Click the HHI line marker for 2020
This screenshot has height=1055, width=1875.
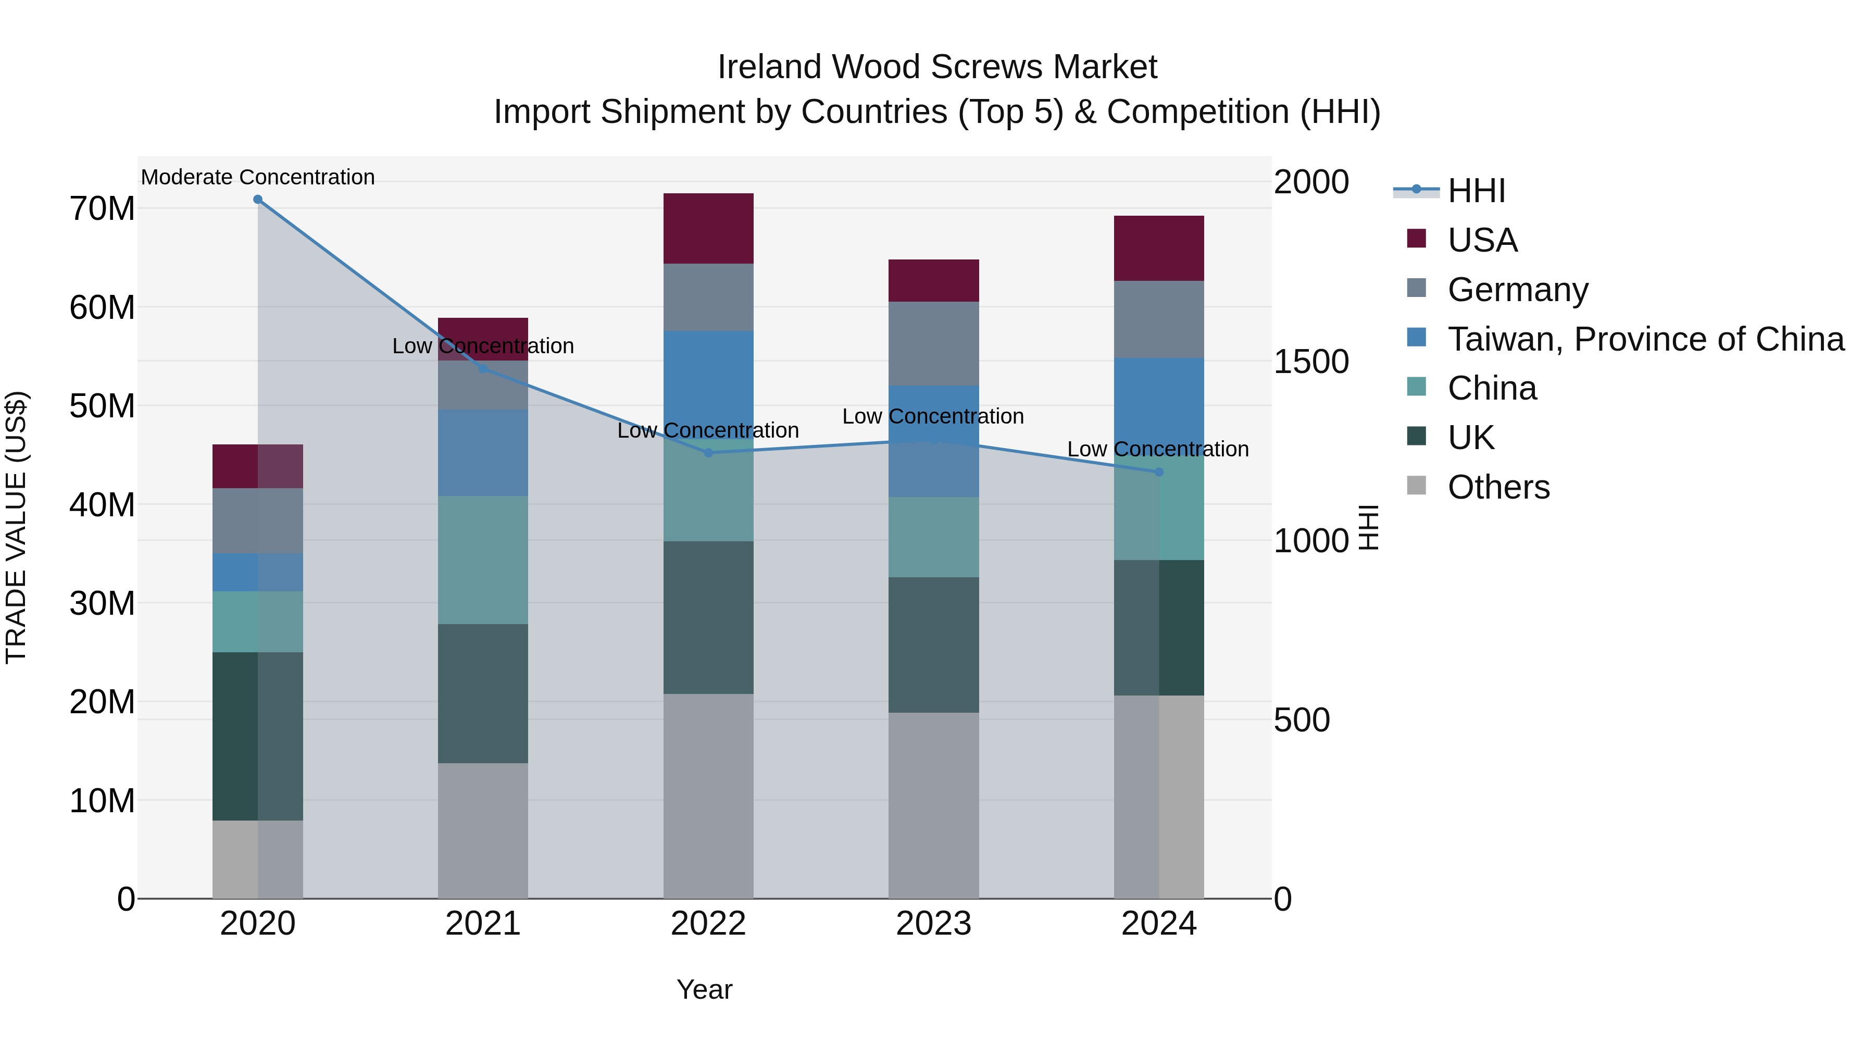[x=258, y=200]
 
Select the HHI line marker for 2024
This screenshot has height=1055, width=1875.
[x=1159, y=472]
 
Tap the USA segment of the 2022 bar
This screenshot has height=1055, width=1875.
[x=708, y=229]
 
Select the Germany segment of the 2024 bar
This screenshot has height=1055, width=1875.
[x=1159, y=320]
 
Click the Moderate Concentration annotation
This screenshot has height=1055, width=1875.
[x=258, y=177]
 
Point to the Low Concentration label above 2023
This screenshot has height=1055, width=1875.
[x=933, y=416]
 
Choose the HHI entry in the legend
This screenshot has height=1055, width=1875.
[x=1476, y=191]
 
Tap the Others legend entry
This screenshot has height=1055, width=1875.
[x=1498, y=487]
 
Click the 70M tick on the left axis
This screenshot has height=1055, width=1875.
[x=102, y=209]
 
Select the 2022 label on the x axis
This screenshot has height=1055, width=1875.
[x=708, y=924]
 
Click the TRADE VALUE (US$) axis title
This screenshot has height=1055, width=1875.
[x=17, y=527]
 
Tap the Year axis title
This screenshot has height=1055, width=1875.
[x=704, y=989]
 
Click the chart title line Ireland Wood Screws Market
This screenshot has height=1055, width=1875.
[x=937, y=67]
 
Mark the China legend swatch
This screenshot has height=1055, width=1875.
[x=1417, y=387]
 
